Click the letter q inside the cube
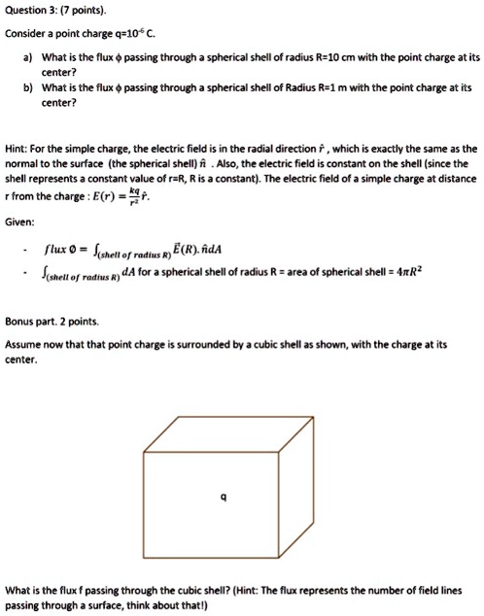click(225, 496)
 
